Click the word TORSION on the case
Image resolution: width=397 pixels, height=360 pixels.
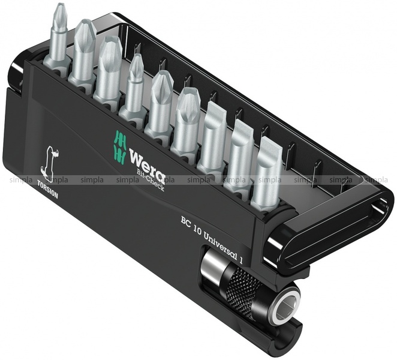(x=47, y=189)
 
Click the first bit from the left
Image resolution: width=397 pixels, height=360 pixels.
(x=58, y=38)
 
